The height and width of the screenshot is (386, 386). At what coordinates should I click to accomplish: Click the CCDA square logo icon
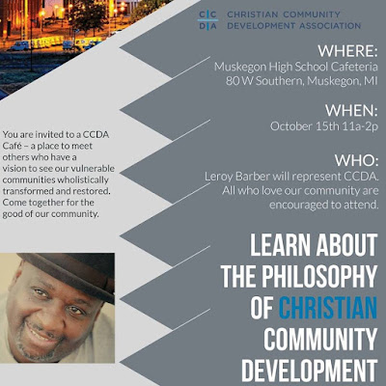pos(207,20)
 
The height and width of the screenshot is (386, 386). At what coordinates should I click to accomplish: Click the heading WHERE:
pos(347,51)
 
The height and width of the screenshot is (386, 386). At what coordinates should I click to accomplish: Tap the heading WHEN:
pos(351,111)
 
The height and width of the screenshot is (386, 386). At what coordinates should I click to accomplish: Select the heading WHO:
pos(356,160)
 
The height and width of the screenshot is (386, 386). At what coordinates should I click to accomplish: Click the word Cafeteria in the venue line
pos(354,67)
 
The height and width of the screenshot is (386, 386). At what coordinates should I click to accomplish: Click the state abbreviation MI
pos(371,81)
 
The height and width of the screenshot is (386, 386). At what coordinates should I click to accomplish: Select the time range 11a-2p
pos(360,126)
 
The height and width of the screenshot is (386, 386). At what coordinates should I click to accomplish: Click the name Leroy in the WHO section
pos(218,177)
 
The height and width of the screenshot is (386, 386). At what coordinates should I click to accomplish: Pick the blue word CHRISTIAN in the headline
pos(328,308)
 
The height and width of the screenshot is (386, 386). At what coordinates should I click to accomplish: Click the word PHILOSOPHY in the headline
pos(319,276)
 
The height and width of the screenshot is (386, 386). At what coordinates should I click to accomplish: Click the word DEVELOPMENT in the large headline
pos(310,371)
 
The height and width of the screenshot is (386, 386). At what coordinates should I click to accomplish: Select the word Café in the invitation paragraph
pos(13,146)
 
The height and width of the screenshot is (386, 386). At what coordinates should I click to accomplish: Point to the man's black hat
pos(70,273)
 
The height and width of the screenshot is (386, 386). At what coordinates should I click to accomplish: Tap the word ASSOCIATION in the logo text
pos(330,25)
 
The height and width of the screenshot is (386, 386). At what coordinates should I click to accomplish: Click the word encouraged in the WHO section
pos(297,205)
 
